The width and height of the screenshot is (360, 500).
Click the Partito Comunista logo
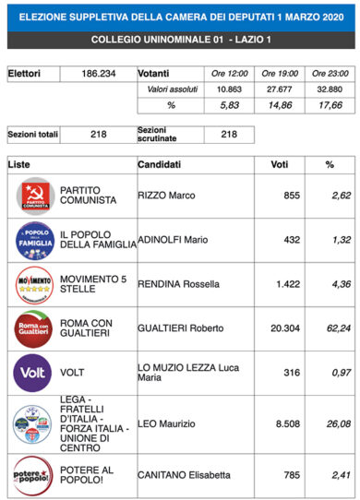coord(33,196)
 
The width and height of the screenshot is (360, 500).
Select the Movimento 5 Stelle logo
coord(33,282)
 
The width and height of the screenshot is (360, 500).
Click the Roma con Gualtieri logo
coord(33,327)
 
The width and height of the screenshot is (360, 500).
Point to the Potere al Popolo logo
coord(33,476)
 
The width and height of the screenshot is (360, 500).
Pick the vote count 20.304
coord(278,327)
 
